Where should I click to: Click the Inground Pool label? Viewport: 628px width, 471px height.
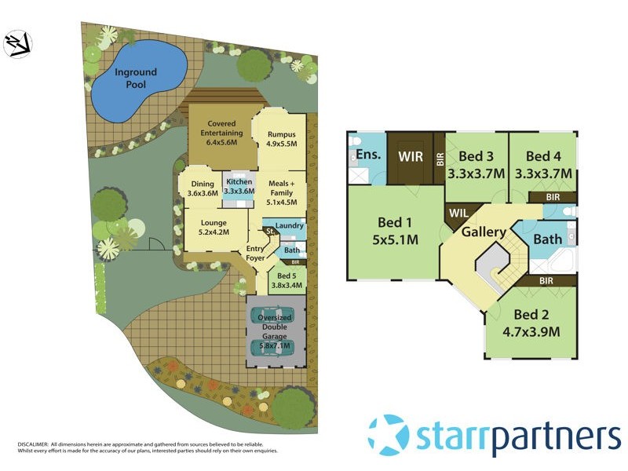pos(136,78)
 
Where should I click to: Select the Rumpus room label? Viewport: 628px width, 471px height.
pos(280,140)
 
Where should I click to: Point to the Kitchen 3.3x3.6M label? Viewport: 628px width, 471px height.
pos(239,185)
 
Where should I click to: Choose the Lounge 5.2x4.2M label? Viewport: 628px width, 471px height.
pos(214,227)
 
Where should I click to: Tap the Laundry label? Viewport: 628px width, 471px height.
pos(290,226)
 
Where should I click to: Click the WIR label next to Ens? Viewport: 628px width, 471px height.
pos(411,156)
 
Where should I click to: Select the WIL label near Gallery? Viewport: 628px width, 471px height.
pos(458,213)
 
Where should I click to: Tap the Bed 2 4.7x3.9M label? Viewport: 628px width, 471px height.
pos(531,323)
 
